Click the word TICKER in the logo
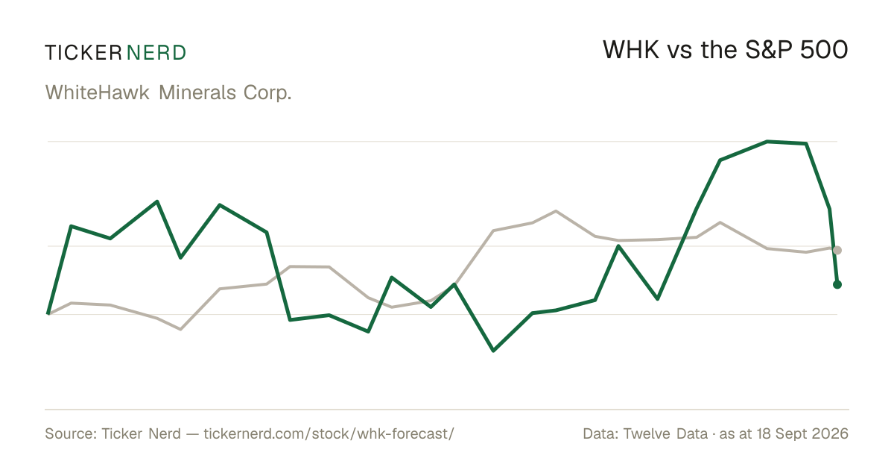tap(83, 53)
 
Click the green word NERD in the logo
tap(156, 53)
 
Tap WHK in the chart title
tap(630, 50)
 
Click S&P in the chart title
tap(768, 50)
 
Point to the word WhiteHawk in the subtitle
tap(98, 93)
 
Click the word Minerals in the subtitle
tap(197, 93)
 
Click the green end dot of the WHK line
tap(837, 284)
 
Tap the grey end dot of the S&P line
tap(837, 250)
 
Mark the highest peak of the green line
tap(767, 142)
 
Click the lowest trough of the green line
tap(493, 350)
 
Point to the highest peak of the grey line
tap(556, 210)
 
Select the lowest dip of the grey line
tap(180, 329)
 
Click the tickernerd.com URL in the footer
tap(329, 434)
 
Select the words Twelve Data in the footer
tap(665, 433)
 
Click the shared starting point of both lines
tap(48, 314)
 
